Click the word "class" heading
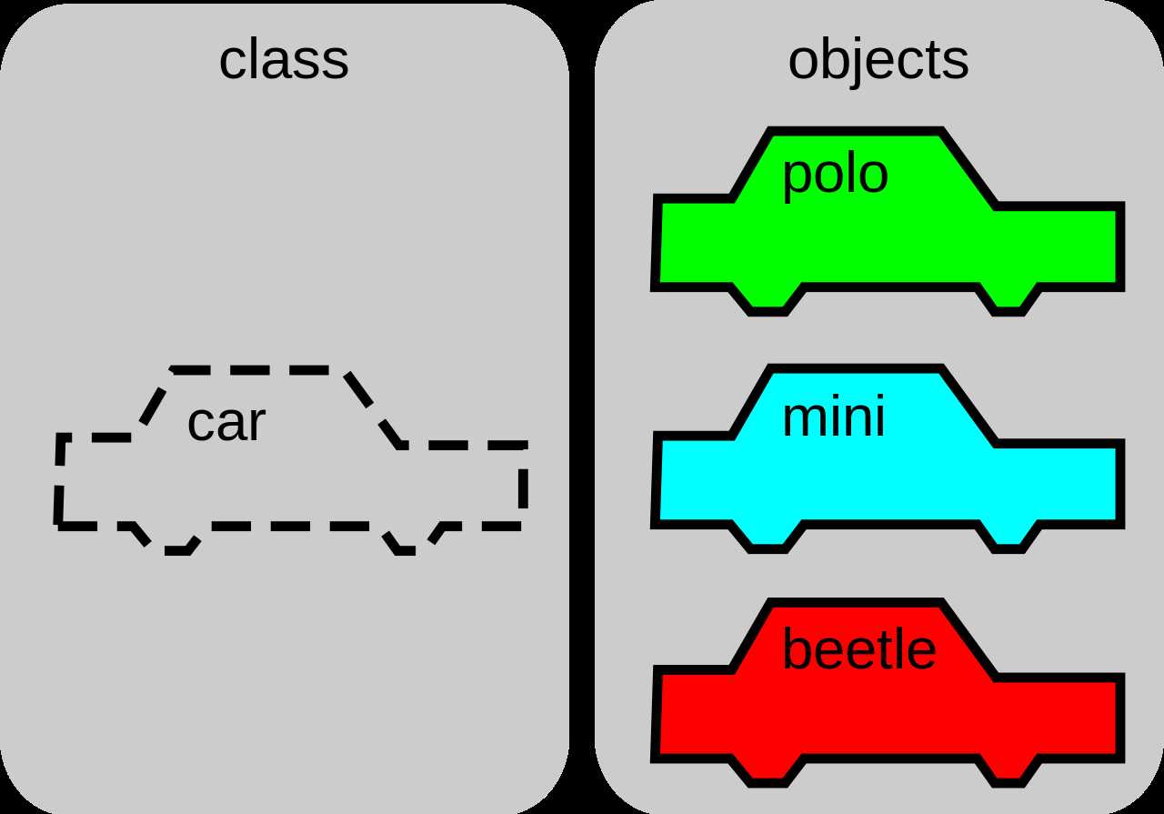[x=284, y=61]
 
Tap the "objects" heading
[x=878, y=61]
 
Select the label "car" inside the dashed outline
[x=226, y=423]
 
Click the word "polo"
[x=834, y=175]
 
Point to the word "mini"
[x=833, y=419]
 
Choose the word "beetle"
[x=858, y=650]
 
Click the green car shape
[x=887, y=246]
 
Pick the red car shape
[x=887, y=719]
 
